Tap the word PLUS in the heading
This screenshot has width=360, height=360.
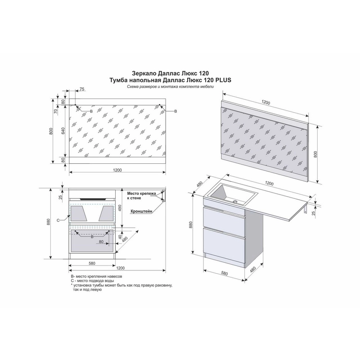pyautogui.click(x=223, y=80)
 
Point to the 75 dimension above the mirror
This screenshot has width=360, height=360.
pyautogui.click(x=82, y=89)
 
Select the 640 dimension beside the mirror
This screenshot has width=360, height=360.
pyautogui.click(x=63, y=130)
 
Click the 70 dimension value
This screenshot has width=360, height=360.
pyautogui.click(x=55, y=111)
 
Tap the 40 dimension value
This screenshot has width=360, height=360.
pyautogui.click(x=120, y=237)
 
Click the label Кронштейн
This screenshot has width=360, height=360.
pyautogui.click(x=141, y=211)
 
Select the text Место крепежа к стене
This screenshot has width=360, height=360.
pyautogui.click(x=141, y=196)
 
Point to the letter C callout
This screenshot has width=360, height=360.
pyautogui.click(x=58, y=220)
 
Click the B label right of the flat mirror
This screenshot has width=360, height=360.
pyautogui.click(x=175, y=111)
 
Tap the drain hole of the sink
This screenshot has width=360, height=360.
pyautogui.click(x=235, y=202)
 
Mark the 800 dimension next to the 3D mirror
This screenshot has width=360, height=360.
pyautogui.click(x=315, y=154)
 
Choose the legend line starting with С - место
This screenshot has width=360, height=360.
pyautogui.click(x=93, y=281)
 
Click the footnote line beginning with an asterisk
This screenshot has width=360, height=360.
pyautogui.click(x=121, y=288)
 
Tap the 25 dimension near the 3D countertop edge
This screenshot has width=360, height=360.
pyautogui.click(x=314, y=213)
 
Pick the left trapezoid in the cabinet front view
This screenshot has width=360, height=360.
pyautogui.click(x=78, y=213)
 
